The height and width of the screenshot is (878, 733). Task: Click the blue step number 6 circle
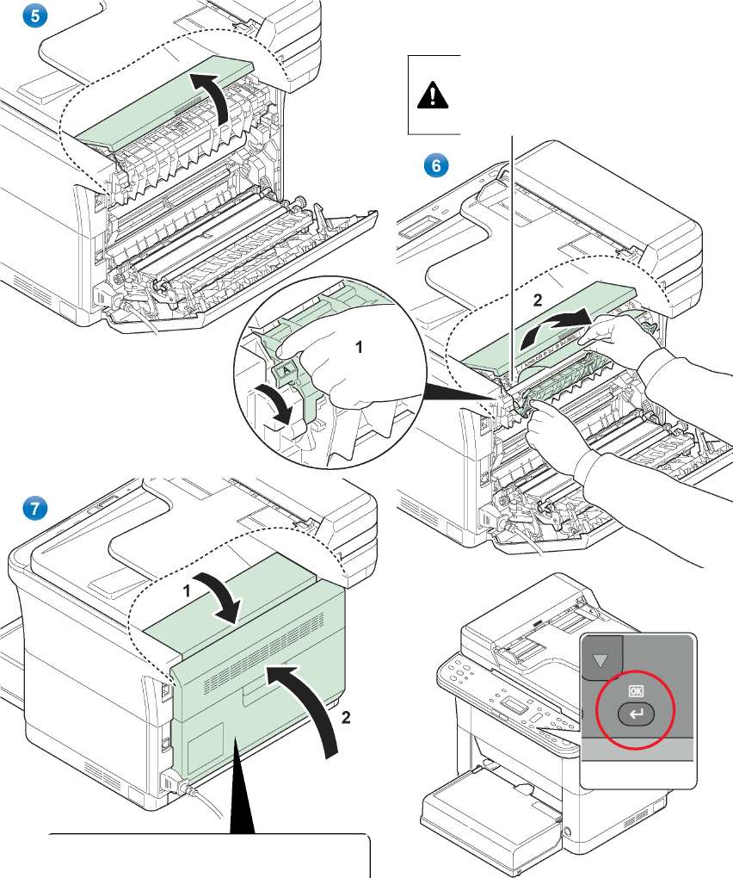pyautogui.click(x=437, y=166)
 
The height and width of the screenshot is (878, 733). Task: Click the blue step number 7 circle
pyautogui.click(x=34, y=509)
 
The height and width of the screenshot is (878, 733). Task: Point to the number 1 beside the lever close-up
pyautogui.click(x=360, y=347)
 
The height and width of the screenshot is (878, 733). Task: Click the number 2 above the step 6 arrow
pyautogui.click(x=537, y=300)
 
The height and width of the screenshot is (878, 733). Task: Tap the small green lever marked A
pyautogui.click(x=286, y=373)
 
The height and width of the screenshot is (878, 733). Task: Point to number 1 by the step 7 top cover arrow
pyautogui.click(x=187, y=592)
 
